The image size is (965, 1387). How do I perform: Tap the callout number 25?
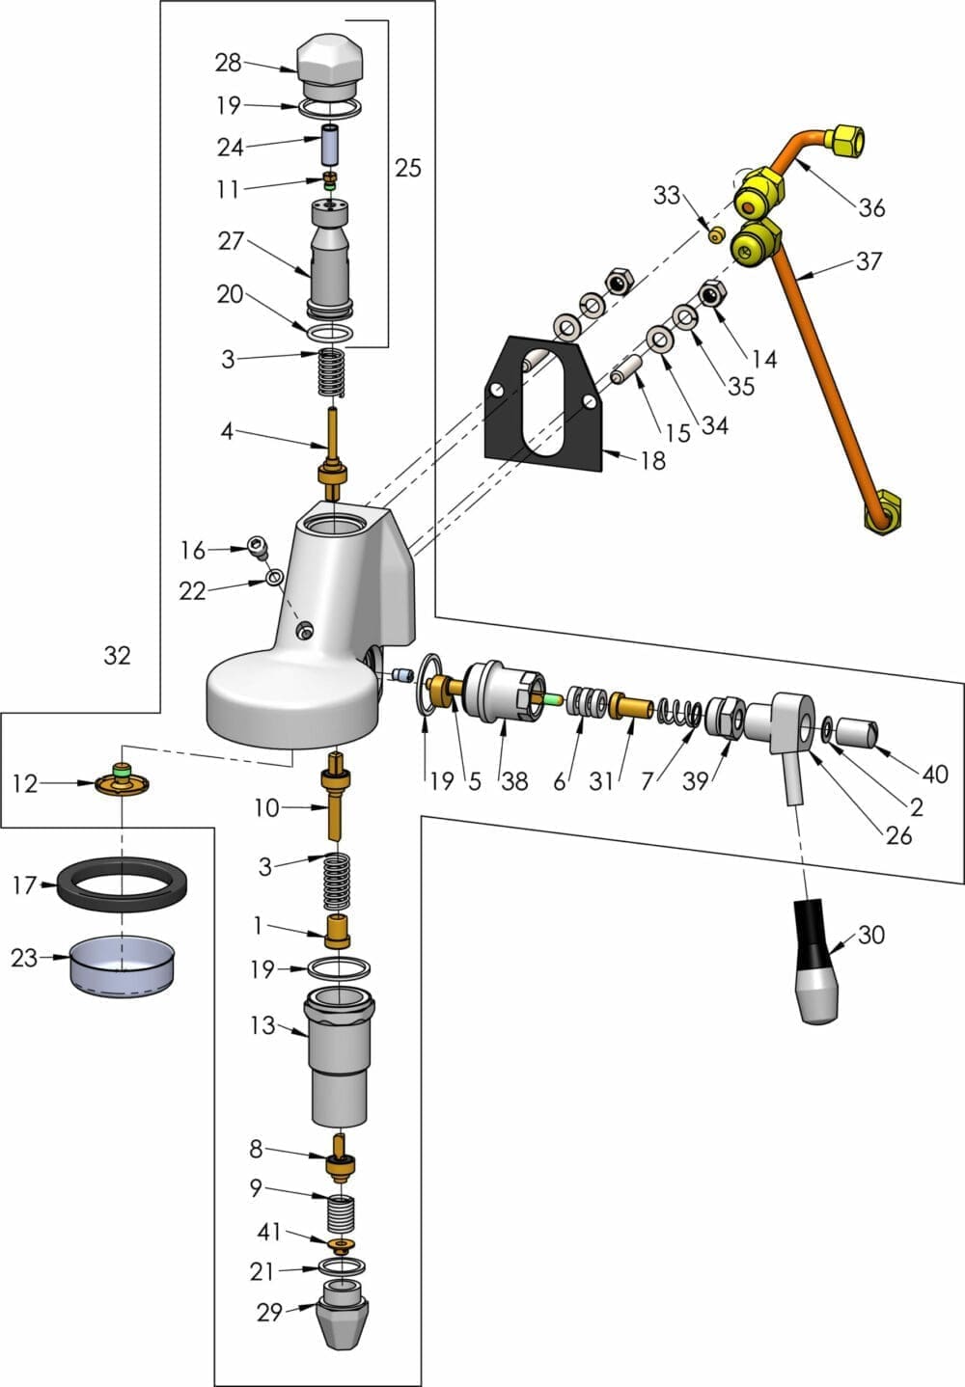[408, 168]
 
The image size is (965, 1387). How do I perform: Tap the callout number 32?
[117, 656]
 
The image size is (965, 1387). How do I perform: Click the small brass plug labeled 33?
[716, 235]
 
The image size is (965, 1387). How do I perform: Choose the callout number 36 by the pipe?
[871, 207]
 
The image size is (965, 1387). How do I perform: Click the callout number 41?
[268, 1232]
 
